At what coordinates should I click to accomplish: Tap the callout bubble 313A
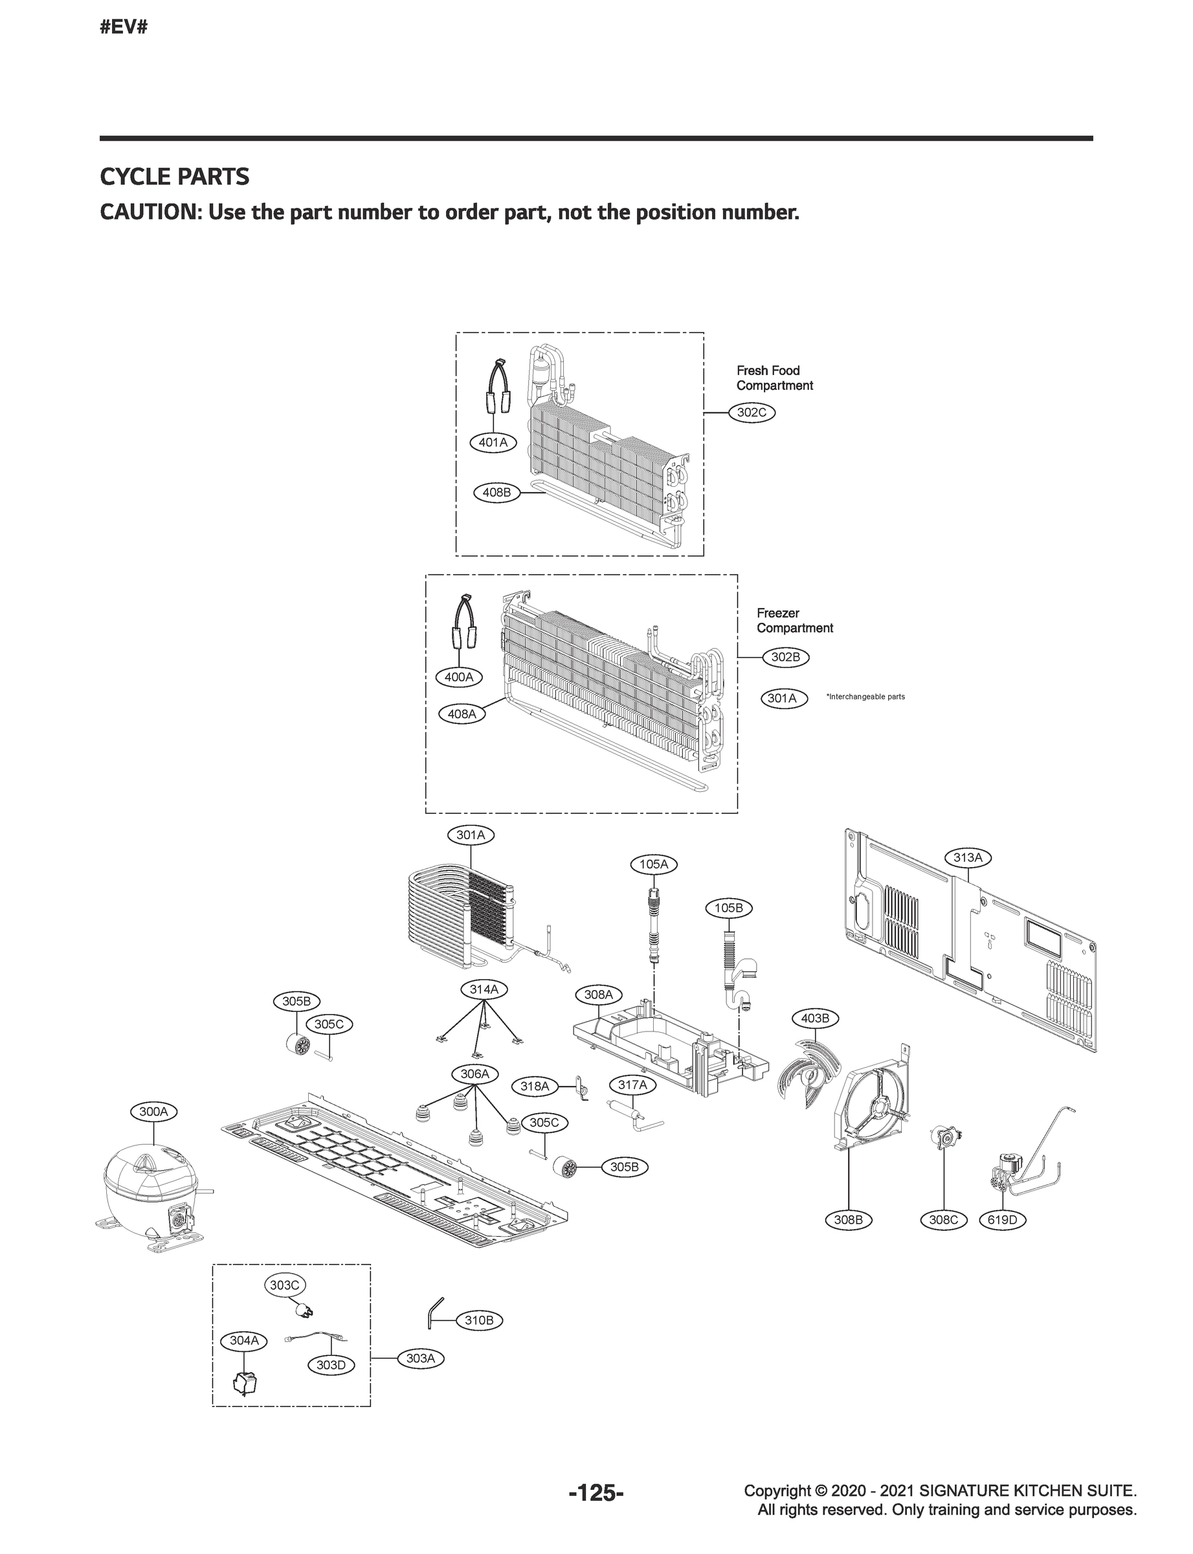point(967,857)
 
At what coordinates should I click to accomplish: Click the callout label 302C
point(752,412)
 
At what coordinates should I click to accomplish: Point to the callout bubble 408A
point(462,714)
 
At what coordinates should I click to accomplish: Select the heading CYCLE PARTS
point(175,176)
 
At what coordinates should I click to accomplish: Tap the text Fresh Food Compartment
point(774,378)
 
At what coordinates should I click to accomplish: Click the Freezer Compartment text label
point(794,620)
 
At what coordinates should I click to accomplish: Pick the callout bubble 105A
point(653,864)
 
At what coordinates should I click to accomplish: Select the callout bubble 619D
point(1002,1220)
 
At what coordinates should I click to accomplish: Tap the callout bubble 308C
point(943,1220)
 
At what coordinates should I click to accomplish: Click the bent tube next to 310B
point(433,1310)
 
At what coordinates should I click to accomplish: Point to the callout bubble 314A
point(484,989)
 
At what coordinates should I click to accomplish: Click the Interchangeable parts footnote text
point(865,697)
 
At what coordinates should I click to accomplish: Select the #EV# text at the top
point(124,28)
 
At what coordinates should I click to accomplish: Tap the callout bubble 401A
point(493,442)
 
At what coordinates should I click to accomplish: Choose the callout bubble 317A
point(632,1085)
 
